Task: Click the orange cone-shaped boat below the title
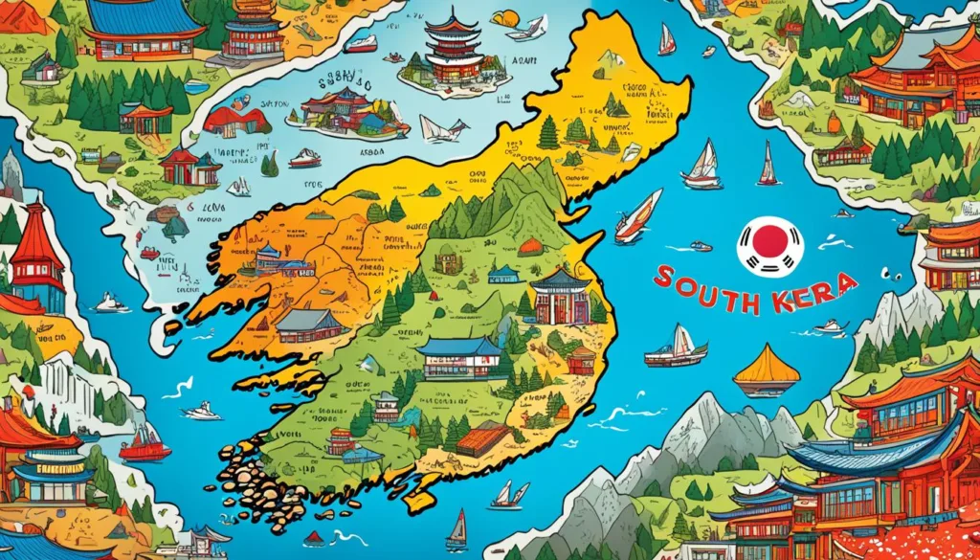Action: pos(766,368)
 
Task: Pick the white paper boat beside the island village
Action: pos(442,129)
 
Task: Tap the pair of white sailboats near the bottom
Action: pos(508,495)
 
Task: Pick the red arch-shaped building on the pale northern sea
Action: pos(230,121)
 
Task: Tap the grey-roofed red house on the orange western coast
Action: pos(308,325)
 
